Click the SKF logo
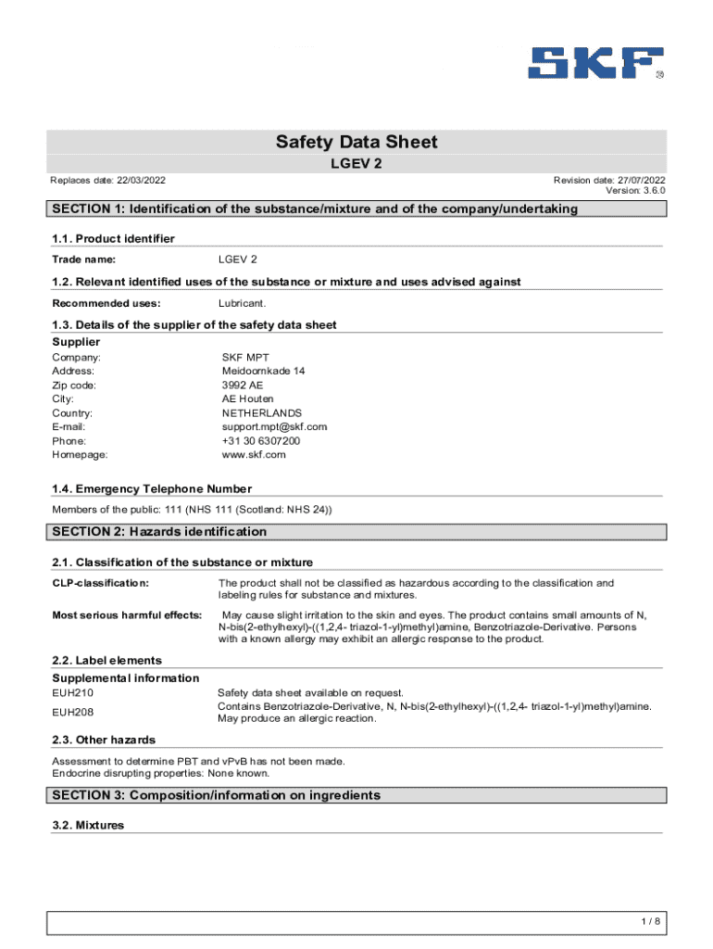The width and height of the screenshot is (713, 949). (595, 62)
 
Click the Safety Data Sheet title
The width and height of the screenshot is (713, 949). (356, 143)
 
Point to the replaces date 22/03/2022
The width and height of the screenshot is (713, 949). (137, 180)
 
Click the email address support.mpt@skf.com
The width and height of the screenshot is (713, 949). (274, 427)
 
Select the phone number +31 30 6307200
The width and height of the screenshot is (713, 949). (260, 441)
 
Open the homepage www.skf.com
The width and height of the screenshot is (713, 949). (254, 455)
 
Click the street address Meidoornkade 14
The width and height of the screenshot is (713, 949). (263, 371)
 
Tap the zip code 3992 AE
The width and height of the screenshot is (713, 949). (243, 385)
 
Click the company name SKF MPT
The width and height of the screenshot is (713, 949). (245, 357)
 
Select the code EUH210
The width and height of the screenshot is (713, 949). (73, 692)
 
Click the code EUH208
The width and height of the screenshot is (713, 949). (73, 712)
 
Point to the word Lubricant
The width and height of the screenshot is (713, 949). (243, 303)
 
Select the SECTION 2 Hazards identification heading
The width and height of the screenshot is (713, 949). (159, 532)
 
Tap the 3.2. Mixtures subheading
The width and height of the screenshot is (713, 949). (88, 825)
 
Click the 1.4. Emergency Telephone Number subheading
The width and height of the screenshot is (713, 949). (152, 488)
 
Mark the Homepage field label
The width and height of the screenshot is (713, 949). (80, 455)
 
